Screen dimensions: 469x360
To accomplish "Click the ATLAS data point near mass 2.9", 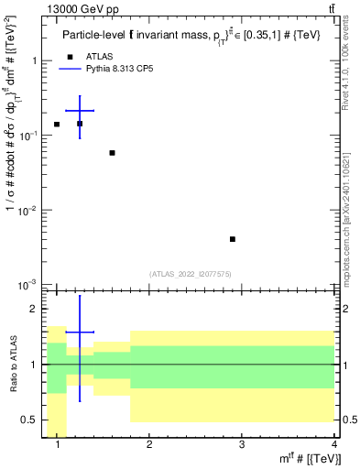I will [x=233, y=239].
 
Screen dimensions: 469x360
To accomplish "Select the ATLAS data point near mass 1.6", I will [x=112, y=153].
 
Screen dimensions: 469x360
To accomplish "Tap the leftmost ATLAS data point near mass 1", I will [x=57, y=125].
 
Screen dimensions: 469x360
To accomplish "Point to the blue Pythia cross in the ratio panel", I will [x=80, y=333].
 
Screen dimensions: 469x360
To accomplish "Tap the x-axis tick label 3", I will [x=242, y=444].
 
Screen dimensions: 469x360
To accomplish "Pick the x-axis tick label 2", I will [x=149, y=444].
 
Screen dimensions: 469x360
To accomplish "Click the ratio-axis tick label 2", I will [x=37, y=309].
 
